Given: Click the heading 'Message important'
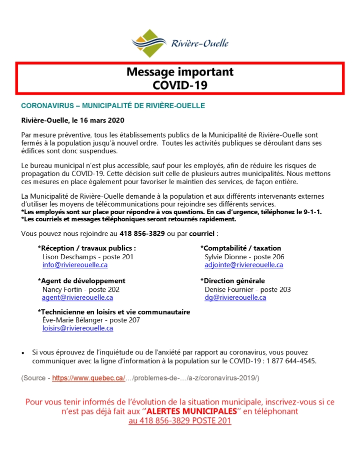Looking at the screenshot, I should tap(180, 72).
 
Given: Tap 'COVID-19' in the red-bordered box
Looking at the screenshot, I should tap(180, 85).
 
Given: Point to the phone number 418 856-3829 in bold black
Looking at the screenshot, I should tap(142, 233).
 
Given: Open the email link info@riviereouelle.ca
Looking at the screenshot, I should tap(75, 264).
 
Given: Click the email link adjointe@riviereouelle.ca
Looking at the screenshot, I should tap(243, 264).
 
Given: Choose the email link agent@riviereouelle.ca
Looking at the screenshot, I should tap(77, 297).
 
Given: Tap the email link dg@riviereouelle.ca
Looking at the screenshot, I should tap(235, 297).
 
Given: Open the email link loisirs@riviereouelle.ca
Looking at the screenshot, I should tap(77, 328).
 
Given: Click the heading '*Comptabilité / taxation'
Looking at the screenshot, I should tap(240, 248).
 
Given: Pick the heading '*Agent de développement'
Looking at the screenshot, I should tap(81, 281).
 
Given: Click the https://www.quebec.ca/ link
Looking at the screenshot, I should tap(88, 378).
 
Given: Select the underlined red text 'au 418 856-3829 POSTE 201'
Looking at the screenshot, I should tap(180, 421).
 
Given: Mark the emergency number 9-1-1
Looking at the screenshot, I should tap(310, 212).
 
